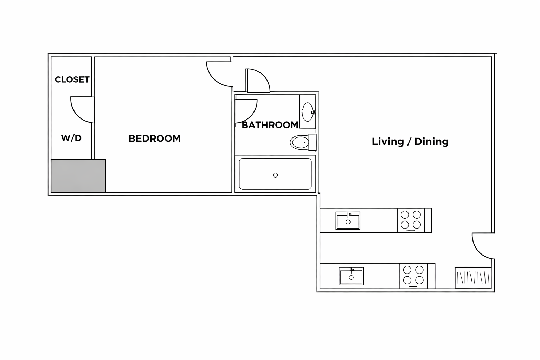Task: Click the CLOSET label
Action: click(72, 79)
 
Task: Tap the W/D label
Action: click(71, 138)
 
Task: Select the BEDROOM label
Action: click(155, 139)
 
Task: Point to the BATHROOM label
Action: click(270, 125)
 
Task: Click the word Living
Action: click(388, 142)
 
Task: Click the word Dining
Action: click(431, 142)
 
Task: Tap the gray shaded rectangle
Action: click(78, 176)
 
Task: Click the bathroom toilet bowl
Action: click(300, 142)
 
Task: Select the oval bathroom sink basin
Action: click(307, 112)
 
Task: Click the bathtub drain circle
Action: click(275, 175)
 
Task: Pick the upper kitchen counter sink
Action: click(348, 221)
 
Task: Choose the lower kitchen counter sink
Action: click(351, 276)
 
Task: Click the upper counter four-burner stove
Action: click(411, 220)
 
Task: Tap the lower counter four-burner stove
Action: click(413, 276)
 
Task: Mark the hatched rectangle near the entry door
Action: click(473, 278)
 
